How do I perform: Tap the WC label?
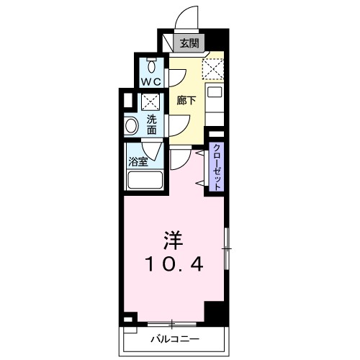pyautogui.click(x=150, y=81)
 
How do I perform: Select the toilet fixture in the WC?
pyautogui.click(x=150, y=63)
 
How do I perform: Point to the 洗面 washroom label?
pyautogui.click(x=152, y=125)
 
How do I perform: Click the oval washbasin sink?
pyautogui.click(x=132, y=127)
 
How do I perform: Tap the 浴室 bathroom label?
pyautogui.click(x=138, y=161)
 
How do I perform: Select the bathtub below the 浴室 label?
pyautogui.click(x=144, y=180)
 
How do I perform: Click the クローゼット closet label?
pyautogui.click(x=216, y=166)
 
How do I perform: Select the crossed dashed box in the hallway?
pyautogui.click(x=214, y=70)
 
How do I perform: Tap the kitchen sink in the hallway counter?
pyautogui.click(x=215, y=92)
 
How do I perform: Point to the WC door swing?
pyautogui.click(x=177, y=77)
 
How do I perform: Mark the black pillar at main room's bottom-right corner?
pyautogui.click(x=214, y=312)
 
